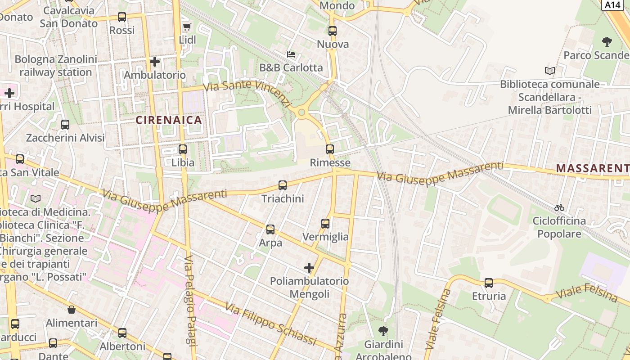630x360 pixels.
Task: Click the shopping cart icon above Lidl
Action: [x=187, y=27]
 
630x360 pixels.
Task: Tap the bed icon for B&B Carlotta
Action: [x=291, y=54]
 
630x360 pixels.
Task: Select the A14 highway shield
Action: [x=612, y=4]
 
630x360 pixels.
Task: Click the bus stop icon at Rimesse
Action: [x=330, y=149]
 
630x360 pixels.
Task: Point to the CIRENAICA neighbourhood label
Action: [x=169, y=120]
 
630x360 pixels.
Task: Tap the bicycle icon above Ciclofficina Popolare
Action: [x=559, y=207]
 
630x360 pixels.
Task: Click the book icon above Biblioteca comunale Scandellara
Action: [x=549, y=71]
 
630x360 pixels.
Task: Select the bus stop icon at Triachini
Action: [x=283, y=185]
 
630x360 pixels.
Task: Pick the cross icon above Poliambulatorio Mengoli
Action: [x=309, y=268]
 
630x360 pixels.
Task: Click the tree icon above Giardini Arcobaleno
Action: [x=383, y=331]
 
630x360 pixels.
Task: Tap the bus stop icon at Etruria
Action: [x=489, y=283]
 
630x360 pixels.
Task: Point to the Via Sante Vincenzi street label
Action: [x=247, y=93]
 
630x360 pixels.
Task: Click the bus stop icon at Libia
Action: [x=183, y=149]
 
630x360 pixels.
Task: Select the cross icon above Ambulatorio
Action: [x=155, y=61]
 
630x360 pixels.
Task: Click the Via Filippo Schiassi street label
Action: [x=270, y=324]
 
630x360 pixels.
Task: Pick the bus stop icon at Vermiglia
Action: [x=325, y=223]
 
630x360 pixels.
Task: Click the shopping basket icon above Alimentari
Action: [x=72, y=310]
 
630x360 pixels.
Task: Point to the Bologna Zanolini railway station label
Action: [x=56, y=66]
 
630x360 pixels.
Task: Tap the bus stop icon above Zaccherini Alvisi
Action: [x=65, y=125]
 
